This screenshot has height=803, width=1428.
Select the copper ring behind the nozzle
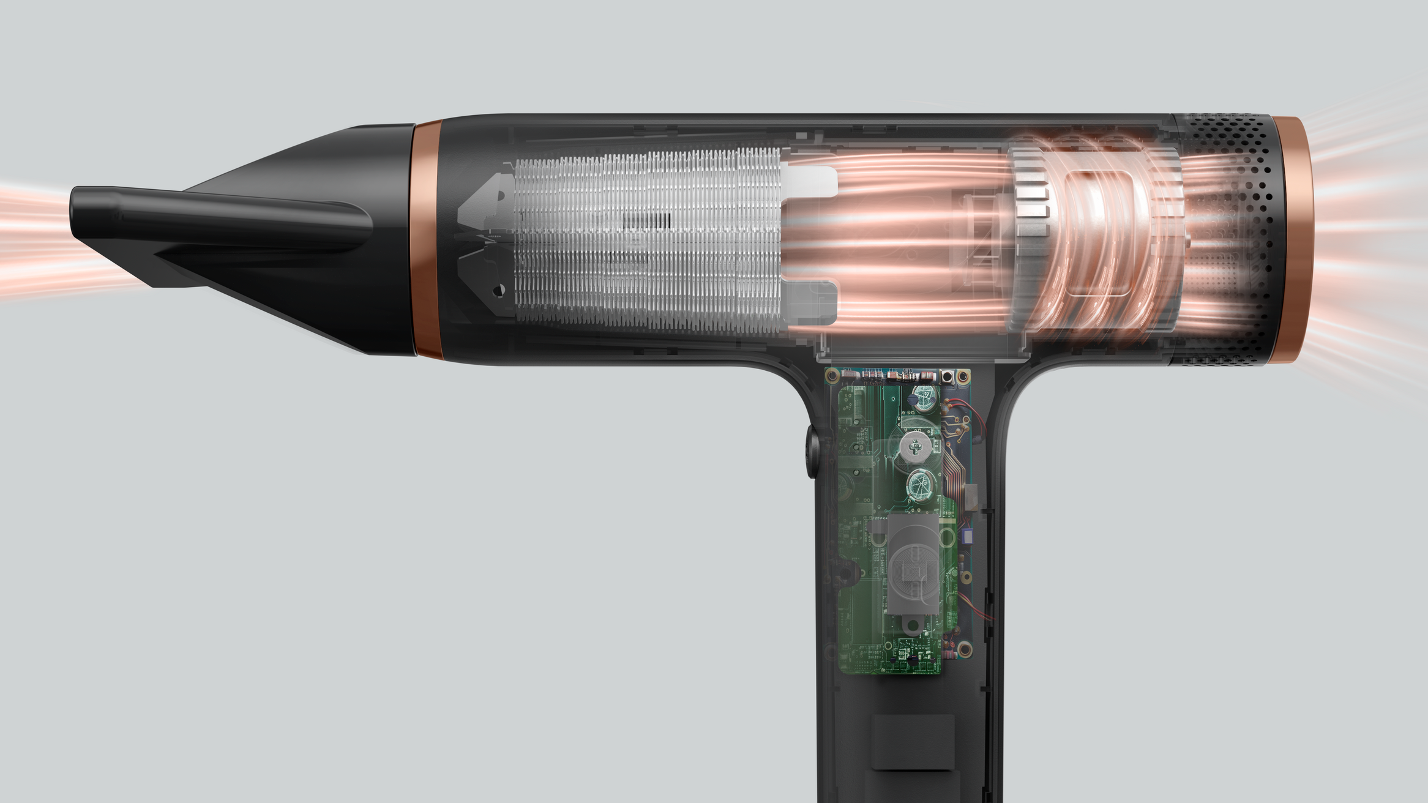[x=427, y=239]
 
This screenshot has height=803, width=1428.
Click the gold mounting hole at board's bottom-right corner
[x=965, y=648]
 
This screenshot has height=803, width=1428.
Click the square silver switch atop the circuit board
[x=948, y=375]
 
